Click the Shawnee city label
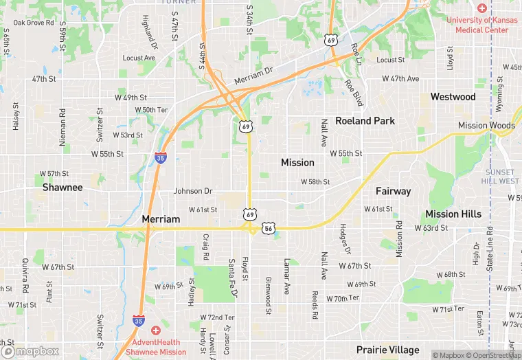pos(63,187)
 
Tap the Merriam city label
pos(161,219)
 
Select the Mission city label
pos(297,163)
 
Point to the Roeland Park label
pos(365,121)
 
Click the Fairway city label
pos(393,191)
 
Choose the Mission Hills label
pos(453,214)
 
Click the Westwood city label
pos(453,97)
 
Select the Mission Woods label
pos(486,126)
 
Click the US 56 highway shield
pos(269,227)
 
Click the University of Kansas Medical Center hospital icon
pos(482,8)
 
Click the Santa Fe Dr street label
pos(233,278)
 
